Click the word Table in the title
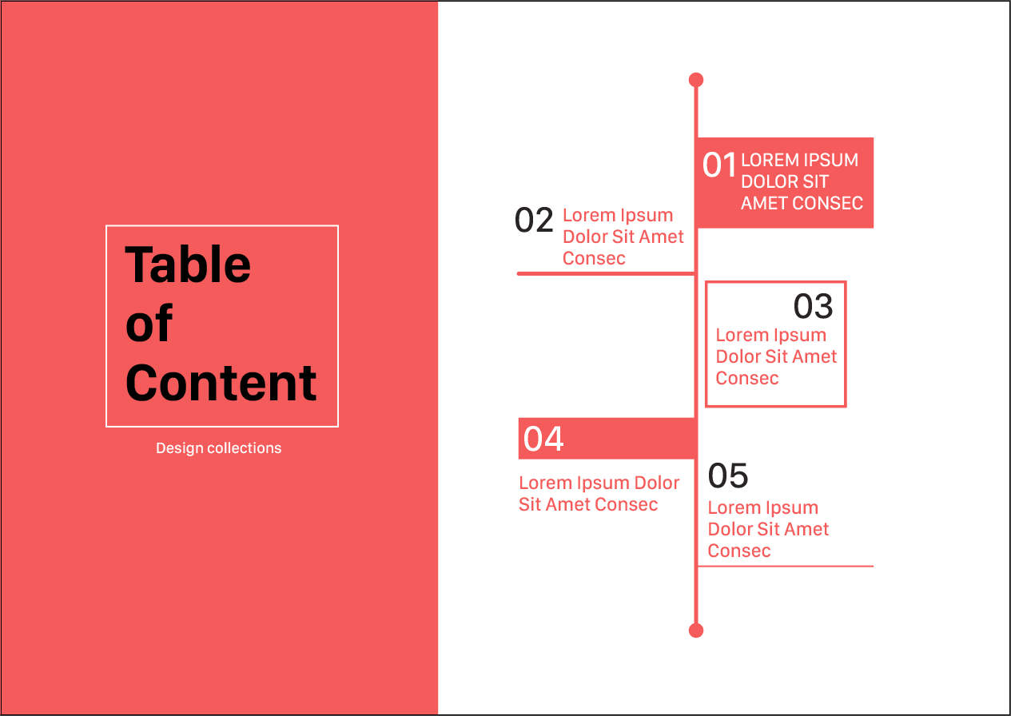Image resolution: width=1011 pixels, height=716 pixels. click(x=187, y=265)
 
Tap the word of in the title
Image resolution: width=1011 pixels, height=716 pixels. click(x=149, y=323)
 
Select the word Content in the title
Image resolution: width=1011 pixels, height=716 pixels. click(x=221, y=383)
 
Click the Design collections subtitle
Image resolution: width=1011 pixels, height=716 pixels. click(x=218, y=448)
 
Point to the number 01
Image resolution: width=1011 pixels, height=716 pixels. click(x=719, y=165)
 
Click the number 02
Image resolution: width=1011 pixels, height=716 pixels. click(x=534, y=220)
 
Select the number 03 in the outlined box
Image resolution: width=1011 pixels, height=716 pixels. click(x=813, y=306)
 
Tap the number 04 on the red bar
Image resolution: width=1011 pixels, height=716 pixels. click(x=543, y=439)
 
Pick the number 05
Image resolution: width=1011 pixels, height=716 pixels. click(x=727, y=475)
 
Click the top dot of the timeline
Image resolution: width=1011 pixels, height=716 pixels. click(x=696, y=80)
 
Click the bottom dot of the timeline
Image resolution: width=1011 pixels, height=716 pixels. click(x=696, y=630)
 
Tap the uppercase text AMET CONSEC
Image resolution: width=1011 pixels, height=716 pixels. click(x=802, y=203)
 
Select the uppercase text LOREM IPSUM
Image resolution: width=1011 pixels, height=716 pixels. click(x=799, y=160)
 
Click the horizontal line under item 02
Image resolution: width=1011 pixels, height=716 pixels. click(x=606, y=273)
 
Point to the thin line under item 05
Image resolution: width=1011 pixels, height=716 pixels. click(x=786, y=566)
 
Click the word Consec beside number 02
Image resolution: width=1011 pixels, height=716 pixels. click(x=594, y=259)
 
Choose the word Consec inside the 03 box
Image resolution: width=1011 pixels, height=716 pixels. click(x=747, y=378)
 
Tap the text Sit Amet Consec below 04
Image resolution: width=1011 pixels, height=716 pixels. click(x=588, y=504)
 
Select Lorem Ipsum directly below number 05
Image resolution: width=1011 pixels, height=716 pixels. click(x=762, y=508)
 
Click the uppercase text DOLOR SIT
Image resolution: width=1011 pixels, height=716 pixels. click(x=785, y=181)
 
